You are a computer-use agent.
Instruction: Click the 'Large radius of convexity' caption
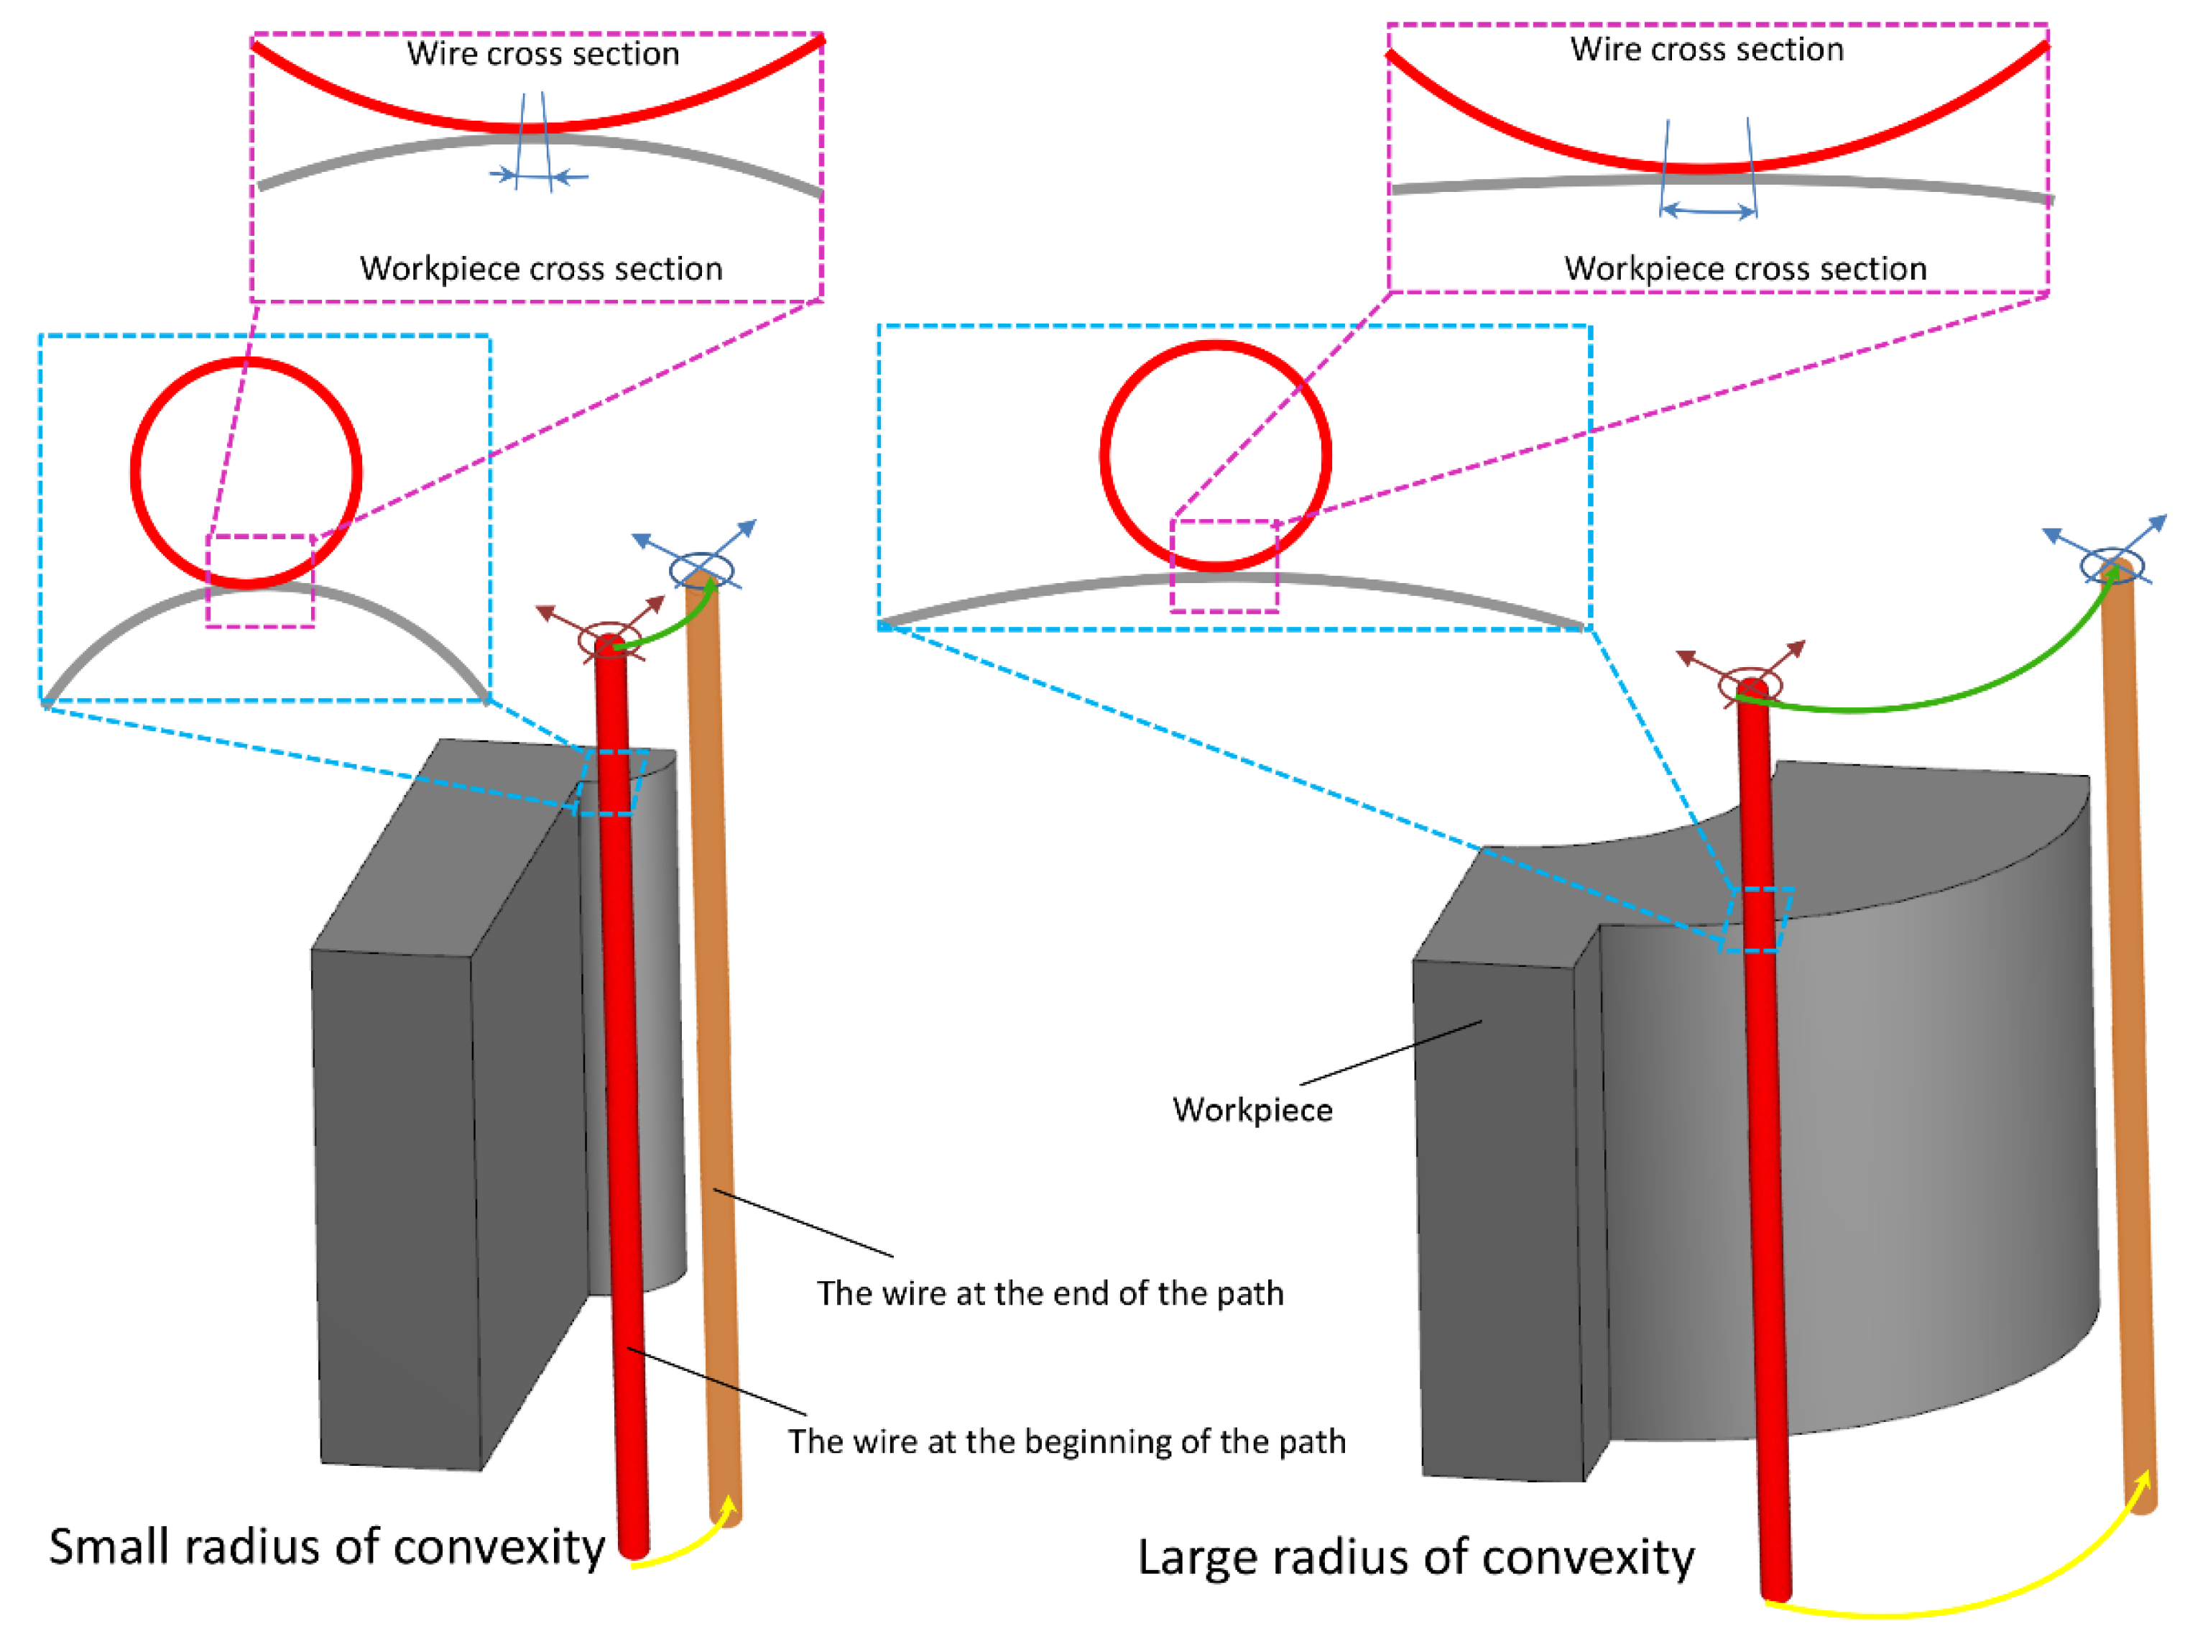tap(1415, 1557)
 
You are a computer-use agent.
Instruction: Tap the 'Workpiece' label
tap(1252, 1110)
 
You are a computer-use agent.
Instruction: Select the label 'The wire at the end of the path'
tap(1050, 1293)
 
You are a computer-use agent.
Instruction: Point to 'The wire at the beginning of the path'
tap(1066, 1441)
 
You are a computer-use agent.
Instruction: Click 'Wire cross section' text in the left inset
tap(542, 53)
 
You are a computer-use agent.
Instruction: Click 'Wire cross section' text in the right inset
tap(1707, 50)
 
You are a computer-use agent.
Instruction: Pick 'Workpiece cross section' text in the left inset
tap(540, 268)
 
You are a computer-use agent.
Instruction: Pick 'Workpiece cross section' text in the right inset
tap(1745, 268)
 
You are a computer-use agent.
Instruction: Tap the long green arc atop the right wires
tap(1931, 693)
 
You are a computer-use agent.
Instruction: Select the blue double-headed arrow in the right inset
tap(1708, 210)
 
